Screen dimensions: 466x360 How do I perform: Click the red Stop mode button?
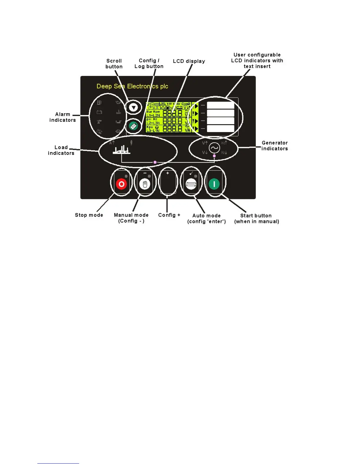point(121,184)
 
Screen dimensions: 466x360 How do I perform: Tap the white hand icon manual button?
point(145,184)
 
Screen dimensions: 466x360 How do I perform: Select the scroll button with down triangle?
point(134,107)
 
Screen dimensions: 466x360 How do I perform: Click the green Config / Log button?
point(133,126)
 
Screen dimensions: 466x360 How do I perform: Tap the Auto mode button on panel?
point(191,184)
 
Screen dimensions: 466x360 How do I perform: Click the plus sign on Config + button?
point(168,173)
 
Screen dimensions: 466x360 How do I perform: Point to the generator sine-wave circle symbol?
point(214,148)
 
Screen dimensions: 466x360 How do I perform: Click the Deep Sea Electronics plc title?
point(132,86)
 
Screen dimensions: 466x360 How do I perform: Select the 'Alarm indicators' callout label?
point(63,117)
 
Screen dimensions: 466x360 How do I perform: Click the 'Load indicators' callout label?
point(61,150)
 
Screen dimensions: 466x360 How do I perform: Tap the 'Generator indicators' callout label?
point(275,146)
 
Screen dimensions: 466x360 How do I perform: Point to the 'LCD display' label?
point(189,61)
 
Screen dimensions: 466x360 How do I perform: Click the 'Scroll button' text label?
point(114,64)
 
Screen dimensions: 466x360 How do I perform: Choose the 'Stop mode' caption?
point(89,215)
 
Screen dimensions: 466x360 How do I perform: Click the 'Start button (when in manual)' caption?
point(256,219)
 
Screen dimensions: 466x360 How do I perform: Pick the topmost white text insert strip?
point(221,105)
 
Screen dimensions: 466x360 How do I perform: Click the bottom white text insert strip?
point(221,128)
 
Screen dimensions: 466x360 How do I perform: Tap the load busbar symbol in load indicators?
point(121,150)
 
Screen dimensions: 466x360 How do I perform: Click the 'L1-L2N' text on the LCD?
point(153,115)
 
